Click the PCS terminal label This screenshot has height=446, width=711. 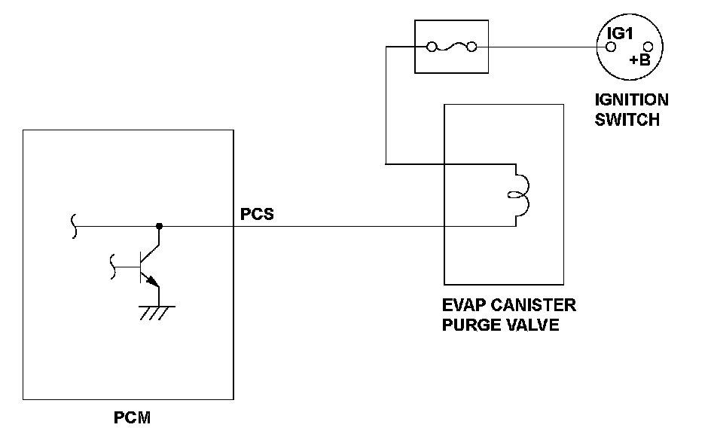pos(257,214)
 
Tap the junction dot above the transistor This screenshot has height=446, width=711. pos(159,225)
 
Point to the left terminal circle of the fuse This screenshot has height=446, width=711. pos(432,47)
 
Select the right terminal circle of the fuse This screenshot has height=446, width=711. pos(472,47)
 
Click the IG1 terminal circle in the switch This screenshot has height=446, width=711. pos(612,47)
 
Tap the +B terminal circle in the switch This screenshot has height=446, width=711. pos(646,47)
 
